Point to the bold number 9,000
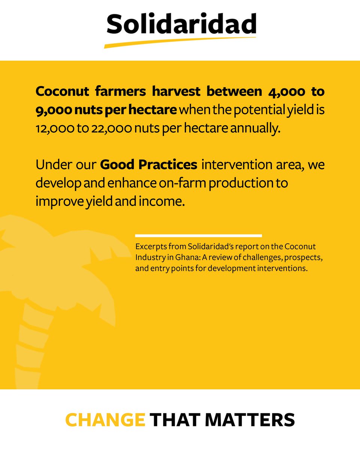[52, 110]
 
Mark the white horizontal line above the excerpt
[198, 235]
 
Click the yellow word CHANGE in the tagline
[105, 420]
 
